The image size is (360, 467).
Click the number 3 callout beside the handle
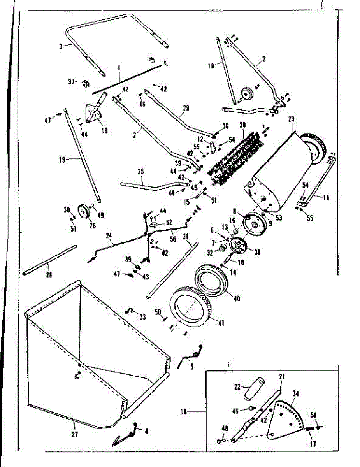point(61,46)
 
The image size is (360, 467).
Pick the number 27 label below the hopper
point(74,434)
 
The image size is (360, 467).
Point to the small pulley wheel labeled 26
point(83,212)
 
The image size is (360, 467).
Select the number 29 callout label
point(186,108)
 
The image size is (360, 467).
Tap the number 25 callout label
point(140,172)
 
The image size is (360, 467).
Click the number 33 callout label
point(143,317)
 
